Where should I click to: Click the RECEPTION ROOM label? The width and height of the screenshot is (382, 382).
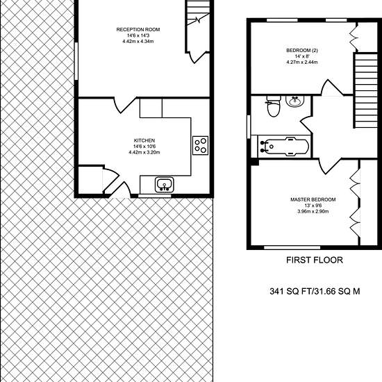pyautogui.click(x=138, y=30)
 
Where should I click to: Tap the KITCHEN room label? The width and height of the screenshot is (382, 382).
pyautogui.click(x=144, y=140)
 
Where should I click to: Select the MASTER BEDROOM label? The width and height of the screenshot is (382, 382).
pyautogui.click(x=313, y=199)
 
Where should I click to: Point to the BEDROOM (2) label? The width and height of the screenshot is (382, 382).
pyautogui.click(x=302, y=51)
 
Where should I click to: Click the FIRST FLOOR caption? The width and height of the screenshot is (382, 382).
pyautogui.click(x=314, y=260)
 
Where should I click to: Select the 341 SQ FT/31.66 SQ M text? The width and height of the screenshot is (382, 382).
pyautogui.click(x=315, y=292)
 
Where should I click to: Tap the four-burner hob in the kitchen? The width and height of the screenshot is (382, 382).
pyautogui.click(x=201, y=145)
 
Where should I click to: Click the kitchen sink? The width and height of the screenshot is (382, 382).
pyautogui.click(x=164, y=185)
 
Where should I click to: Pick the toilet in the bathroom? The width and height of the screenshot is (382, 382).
pyautogui.click(x=274, y=106)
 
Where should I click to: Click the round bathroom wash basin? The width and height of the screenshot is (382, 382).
pyautogui.click(x=295, y=101)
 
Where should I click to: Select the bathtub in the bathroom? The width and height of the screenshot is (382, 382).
pyautogui.click(x=283, y=146)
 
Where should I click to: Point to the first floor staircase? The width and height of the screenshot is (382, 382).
pyautogui.click(x=365, y=90)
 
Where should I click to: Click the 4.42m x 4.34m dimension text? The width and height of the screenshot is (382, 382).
pyautogui.click(x=138, y=42)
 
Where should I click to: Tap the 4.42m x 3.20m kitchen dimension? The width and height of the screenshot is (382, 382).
pyautogui.click(x=144, y=153)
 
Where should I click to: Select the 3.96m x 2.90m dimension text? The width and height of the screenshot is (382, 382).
pyautogui.click(x=313, y=211)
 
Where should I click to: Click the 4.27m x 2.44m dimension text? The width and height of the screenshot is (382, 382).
pyautogui.click(x=302, y=62)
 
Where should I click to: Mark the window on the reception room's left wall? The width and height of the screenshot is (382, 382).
pyautogui.click(x=76, y=61)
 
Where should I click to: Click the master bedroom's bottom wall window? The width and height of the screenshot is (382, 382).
pyautogui.click(x=292, y=247)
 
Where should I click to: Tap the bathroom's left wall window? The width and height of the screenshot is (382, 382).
pyautogui.click(x=249, y=127)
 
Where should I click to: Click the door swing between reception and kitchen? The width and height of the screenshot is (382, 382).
pyautogui.click(x=124, y=106)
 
